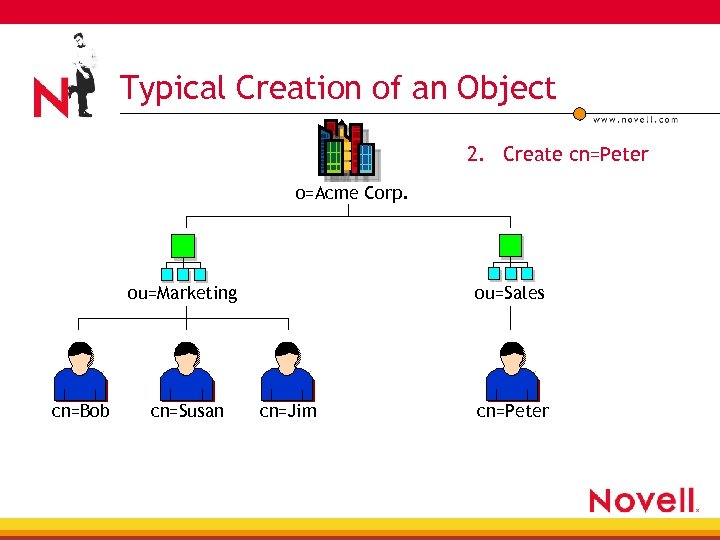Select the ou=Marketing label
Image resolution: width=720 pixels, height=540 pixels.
point(182,293)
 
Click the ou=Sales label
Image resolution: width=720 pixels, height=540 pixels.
point(510,293)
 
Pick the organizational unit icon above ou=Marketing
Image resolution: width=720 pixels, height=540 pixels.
point(182,258)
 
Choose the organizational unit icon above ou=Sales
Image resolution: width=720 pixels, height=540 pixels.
point(510,258)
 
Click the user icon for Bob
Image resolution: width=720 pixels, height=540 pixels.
point(80,371)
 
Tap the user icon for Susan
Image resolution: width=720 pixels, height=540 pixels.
point(187,371)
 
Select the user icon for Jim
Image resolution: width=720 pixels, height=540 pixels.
point(287,371)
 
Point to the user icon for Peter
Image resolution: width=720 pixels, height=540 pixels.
point(512,371)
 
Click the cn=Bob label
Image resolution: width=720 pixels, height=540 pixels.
point(81,411)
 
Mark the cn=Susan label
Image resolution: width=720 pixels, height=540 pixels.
point(187,411)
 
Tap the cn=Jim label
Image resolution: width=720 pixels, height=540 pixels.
point(288,411)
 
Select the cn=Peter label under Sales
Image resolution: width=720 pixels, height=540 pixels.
point(512,411)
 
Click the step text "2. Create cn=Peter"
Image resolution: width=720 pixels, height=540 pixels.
point(557,154)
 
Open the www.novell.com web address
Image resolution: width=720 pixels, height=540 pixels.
point(635,120)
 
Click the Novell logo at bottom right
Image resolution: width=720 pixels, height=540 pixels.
point(642,500)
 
